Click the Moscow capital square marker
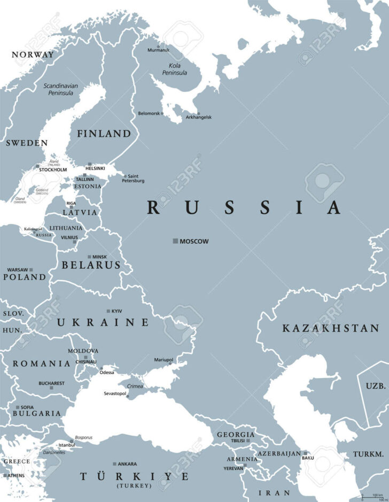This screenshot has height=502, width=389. (x=175, y=242)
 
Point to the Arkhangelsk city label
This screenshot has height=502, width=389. (x=199, y=117)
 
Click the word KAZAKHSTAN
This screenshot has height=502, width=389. (x=331, y=328)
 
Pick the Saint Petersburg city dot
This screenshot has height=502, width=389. (x=125, y=176)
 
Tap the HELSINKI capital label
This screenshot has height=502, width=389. (x=95, y=168)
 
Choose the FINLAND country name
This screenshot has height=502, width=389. (x=104, y=134)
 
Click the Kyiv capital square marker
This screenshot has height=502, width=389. (x=108, y=311)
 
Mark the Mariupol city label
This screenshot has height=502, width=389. (x=164, y=360)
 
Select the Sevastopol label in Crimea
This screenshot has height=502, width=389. (x=114, y=394)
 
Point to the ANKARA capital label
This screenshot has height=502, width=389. (x=127, y=464)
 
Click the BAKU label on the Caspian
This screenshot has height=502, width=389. (x=308, y=458)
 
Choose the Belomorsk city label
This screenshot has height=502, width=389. (x=150, y=113)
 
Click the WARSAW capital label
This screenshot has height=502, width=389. (x=18, y=269)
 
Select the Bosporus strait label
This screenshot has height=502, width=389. (x=83, y=437)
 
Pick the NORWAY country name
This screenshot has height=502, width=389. (x=33, y=55)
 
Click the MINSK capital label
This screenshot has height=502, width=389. (x=99, y=257)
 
